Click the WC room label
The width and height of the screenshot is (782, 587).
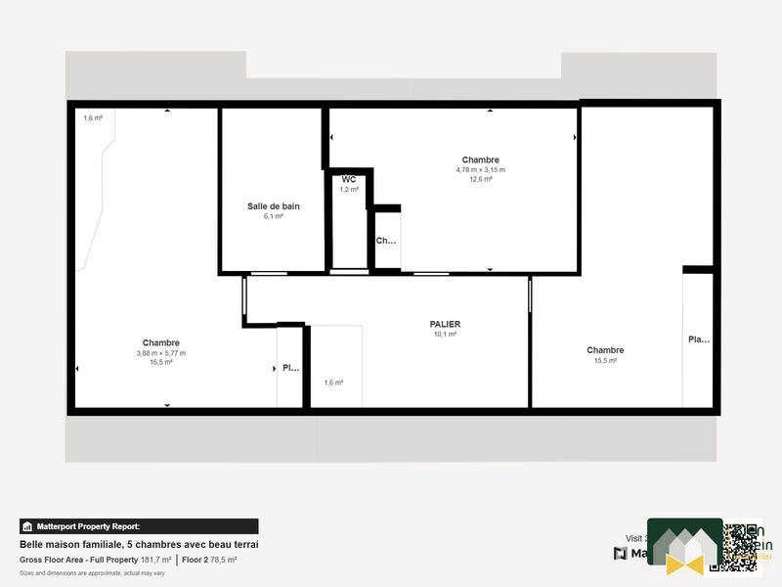coord(348,180)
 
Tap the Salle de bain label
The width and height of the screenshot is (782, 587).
coord(273,206)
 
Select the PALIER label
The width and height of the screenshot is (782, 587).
coord(445,324)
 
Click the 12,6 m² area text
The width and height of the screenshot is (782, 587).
coord(480,179)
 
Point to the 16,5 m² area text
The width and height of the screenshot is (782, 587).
coord(161,362)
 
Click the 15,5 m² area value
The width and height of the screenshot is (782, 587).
coord(605,361)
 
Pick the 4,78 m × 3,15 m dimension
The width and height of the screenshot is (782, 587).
coord(480,169)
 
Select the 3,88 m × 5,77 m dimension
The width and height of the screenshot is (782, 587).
coord(161,353)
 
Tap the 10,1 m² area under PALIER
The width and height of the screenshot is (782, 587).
coord(445,334)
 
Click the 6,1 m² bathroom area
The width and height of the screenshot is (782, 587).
coord(273,216)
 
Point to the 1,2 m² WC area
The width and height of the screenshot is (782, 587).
coord(348,190)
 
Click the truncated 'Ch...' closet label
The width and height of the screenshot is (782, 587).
coord(386,241)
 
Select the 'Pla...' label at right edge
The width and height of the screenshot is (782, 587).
coord(699,339)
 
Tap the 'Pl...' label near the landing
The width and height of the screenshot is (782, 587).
coord(290,369)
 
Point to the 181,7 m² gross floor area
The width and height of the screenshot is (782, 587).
coord(154,560)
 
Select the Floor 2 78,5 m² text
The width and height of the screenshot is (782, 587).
coord(209,560)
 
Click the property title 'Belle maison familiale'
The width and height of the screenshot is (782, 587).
coord(138,544)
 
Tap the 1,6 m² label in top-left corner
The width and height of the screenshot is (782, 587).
coord(93,117)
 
